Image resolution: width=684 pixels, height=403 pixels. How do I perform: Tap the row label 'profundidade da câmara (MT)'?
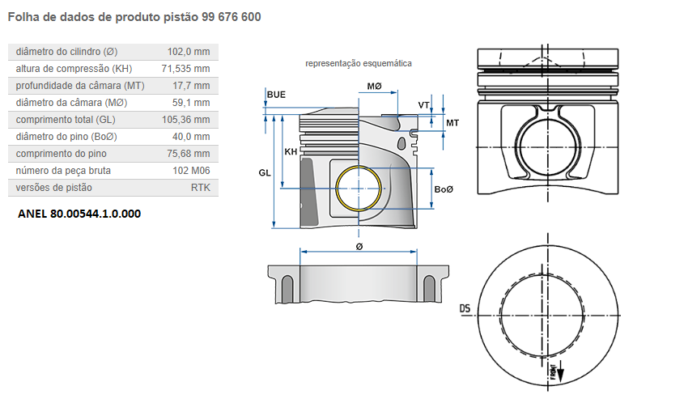pyautogui.click(x=79, y=86)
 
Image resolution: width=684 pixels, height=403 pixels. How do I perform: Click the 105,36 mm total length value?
pyautogui.click(x=186, y=120)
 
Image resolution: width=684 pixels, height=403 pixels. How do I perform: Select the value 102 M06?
pyautogui.click(x=191, y=171)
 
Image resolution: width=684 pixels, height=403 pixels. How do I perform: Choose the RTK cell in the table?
pyautogui.click(x=200, y=188)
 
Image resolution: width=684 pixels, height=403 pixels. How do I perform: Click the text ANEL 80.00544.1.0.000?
pyautogui.click(x=79, y=214)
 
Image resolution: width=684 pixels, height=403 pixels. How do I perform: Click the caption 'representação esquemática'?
pyautogui.click(x=358, y=63)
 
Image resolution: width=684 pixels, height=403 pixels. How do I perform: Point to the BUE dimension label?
pyautogui.click(x=276, y=95)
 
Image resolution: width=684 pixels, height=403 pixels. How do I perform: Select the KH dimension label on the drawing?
pyautogui.click(x=290, y=151)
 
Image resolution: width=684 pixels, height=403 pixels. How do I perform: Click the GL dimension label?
pyautogui.click(x=265, y=172)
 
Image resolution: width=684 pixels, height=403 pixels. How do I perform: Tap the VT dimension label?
pyautogui.click(x=423, y=105)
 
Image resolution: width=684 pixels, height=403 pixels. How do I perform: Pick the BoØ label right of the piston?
pyautogui.click(x=444, y=189)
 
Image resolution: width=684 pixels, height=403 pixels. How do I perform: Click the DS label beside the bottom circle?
pyautogui.click(x=465, y=308)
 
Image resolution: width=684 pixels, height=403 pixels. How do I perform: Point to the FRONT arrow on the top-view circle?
pyautogui.click(x=555, y=372)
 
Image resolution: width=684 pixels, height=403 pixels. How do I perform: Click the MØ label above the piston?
pyautogui.click(x=374, y=86)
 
